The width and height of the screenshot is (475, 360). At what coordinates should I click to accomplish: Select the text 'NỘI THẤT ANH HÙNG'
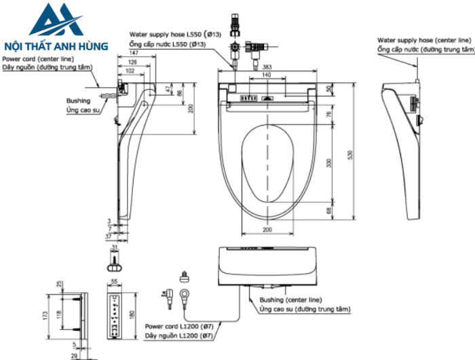[x=56, y=46]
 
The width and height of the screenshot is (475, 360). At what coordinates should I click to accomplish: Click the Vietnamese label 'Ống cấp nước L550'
[x=161, y=44]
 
